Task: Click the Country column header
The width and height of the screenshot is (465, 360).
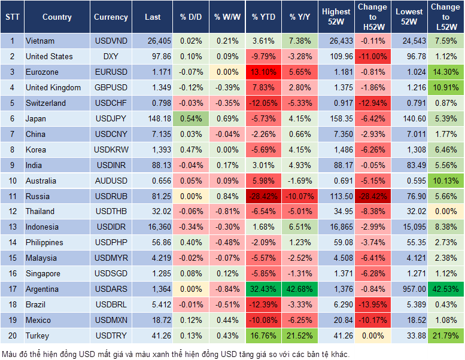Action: click(57, 17)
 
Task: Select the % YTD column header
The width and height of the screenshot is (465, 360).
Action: click(264, 17)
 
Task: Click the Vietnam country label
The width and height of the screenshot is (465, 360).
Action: click(40, 41)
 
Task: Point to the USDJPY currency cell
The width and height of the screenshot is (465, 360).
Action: click(111, 118)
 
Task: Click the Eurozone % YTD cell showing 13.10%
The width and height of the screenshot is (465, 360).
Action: click(264, 72)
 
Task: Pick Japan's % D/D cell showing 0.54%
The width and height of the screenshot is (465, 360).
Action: click(191, 118)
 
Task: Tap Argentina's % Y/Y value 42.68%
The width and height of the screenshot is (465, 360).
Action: click(300, 289)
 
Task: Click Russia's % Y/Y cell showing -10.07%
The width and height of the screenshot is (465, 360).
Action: click(300, 196)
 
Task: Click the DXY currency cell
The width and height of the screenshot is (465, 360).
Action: click(111, 56)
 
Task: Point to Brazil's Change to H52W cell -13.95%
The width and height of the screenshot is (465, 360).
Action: click(372, 304)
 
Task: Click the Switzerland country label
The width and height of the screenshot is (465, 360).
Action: click(45, 103)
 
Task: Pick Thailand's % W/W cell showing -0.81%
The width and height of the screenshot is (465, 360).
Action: click(226, 211)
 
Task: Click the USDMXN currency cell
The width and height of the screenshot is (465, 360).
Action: click(111, 320)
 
